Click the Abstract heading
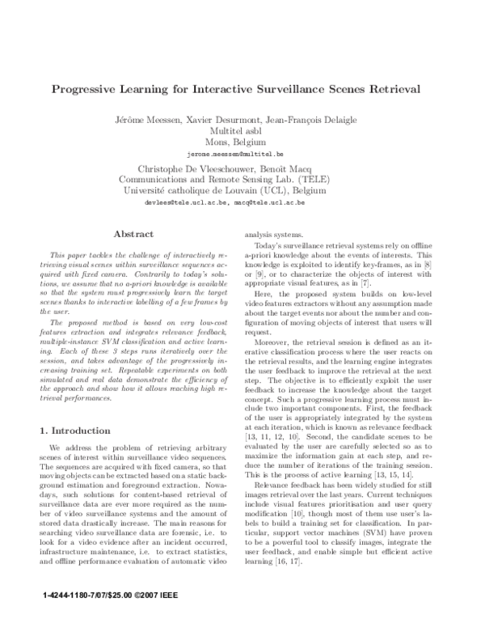coord(134,233)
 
